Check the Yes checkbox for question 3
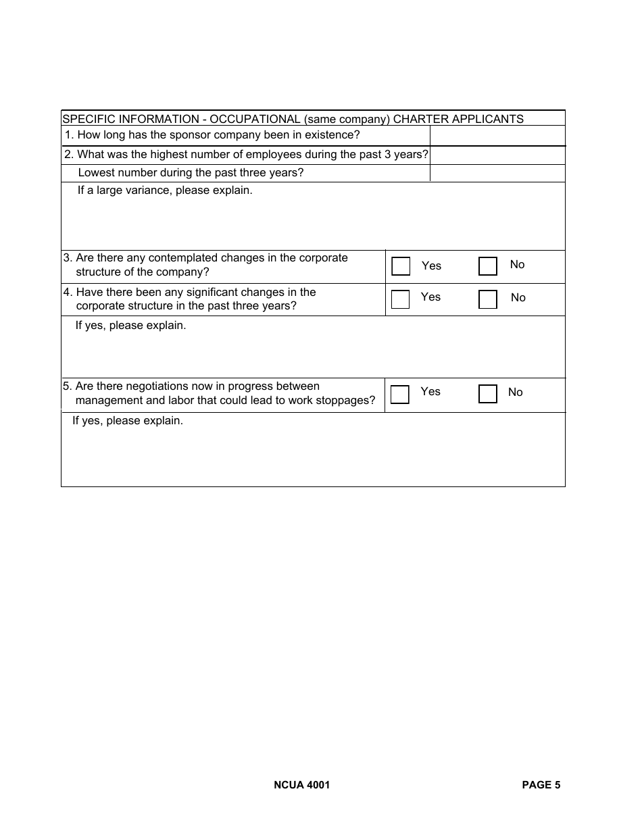401,266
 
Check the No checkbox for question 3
487,266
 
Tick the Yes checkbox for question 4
401,299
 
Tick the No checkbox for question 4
487,299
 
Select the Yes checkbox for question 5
400,395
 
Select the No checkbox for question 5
487,395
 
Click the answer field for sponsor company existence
497,136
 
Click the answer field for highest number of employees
497,155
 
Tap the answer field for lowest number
497,173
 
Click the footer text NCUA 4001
302,785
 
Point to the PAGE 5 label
541,785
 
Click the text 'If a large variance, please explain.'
165,191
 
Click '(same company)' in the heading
347,119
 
